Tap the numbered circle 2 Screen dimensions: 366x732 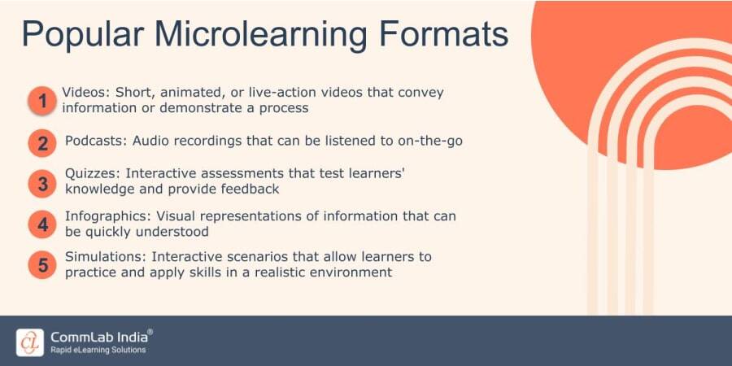[x=42, y=144]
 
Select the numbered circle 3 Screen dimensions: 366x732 [x=42, y=184]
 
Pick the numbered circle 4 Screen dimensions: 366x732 [x=42, y=224]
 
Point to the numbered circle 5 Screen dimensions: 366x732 [x=42, y=265]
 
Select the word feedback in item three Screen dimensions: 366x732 [x=250, y=189]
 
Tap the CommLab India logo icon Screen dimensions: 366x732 [x=30, y=342]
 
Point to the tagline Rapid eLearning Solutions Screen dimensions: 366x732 [x=98, y=351]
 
